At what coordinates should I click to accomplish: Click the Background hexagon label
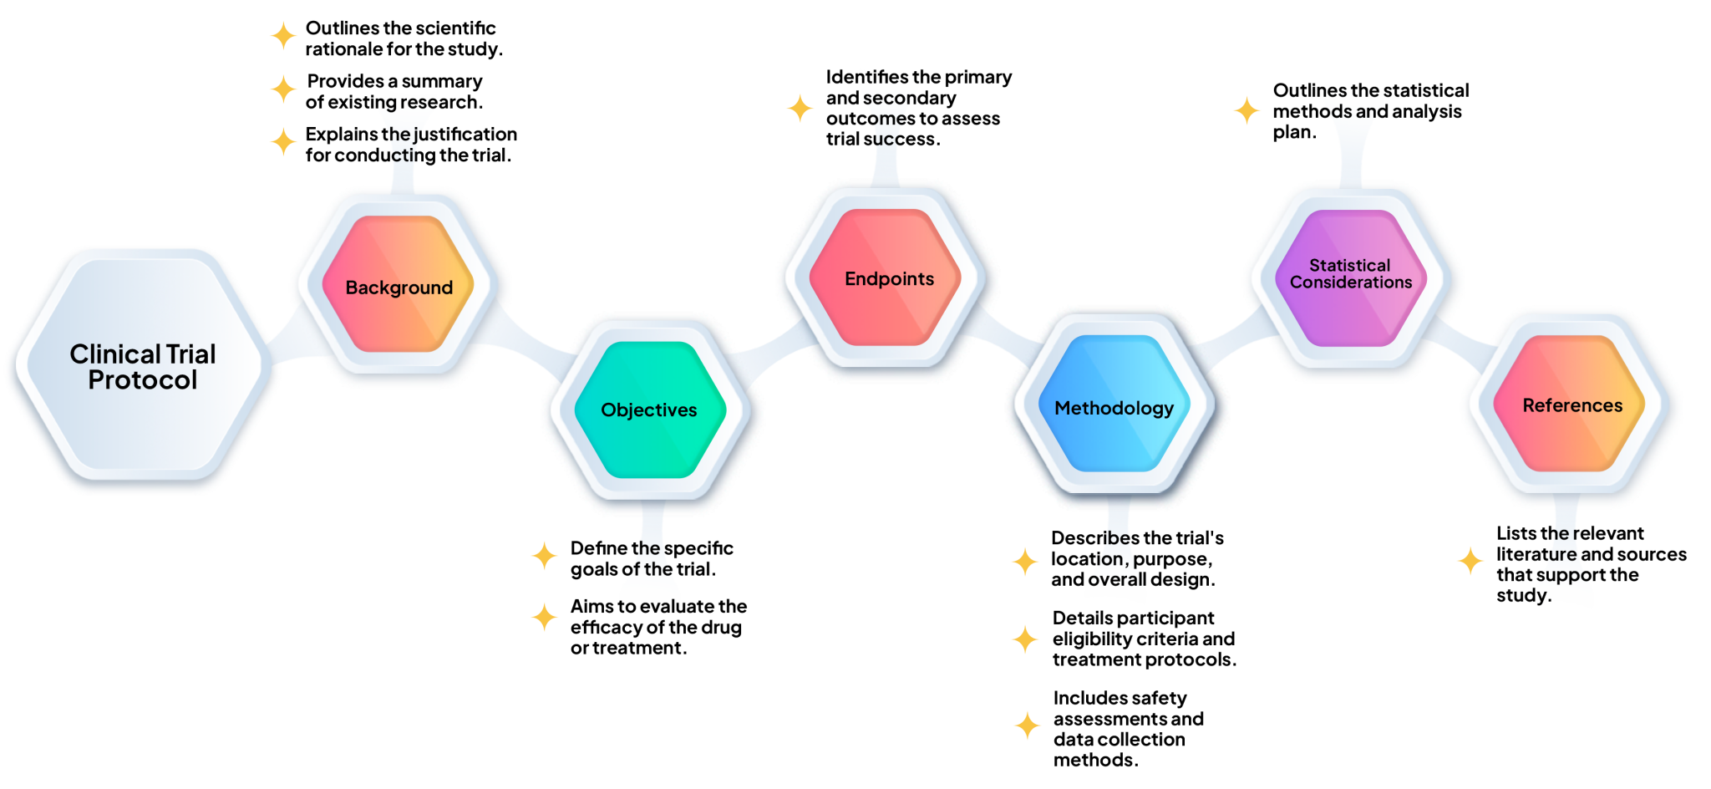(x=399, y=288)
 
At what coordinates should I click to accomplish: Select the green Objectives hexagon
(x=649, y=410)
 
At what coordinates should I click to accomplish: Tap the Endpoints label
(x=889, y=279)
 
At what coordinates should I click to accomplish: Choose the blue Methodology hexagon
(x=1114, y=408)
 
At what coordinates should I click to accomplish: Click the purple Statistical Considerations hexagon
(x=1350, y=276)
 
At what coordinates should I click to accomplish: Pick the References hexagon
(x=1572, y=405)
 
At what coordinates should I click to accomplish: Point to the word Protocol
(x=143, y=381)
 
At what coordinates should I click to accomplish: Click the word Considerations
(x=1351, y=283)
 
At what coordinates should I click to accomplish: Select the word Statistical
(x=1349, y=266)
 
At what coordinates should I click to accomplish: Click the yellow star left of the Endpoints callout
(x=800, y=109)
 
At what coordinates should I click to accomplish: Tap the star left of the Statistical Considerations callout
(x=1246, y=110)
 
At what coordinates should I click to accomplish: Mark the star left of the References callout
(x=1470, y=560)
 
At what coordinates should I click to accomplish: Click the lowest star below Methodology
(x=1027, y=725)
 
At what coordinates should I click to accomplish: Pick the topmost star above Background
(x=283, y=36)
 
